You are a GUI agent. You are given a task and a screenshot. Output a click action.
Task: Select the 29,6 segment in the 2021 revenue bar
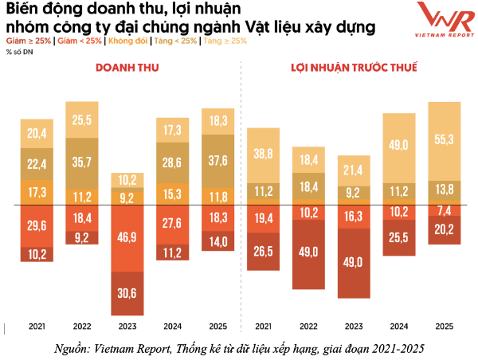pyautogui.click(x=36, y=226)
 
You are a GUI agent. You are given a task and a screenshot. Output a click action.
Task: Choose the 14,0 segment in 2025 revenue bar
pyautogui.click(x=217, y=240)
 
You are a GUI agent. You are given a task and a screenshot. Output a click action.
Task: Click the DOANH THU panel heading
pyautogui.click(x=127, y=68)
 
